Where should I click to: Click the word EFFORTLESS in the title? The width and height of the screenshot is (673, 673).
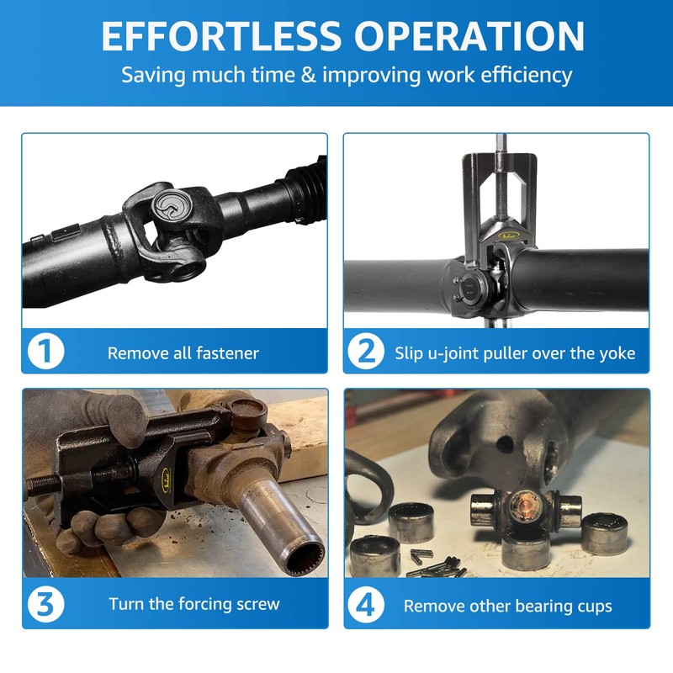coord(220,35)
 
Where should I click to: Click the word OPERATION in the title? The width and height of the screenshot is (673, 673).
coord(469,35)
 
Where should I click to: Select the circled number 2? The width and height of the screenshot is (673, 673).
coord(366,352)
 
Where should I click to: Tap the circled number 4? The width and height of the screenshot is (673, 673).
coord(368,605)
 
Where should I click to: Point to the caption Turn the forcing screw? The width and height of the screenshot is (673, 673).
coord(193,604)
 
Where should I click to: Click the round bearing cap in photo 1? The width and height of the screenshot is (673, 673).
coord(164,206)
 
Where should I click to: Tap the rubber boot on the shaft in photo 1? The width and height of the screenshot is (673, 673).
coord(301,189)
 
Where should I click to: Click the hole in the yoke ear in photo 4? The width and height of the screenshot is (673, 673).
coord(503,443)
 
